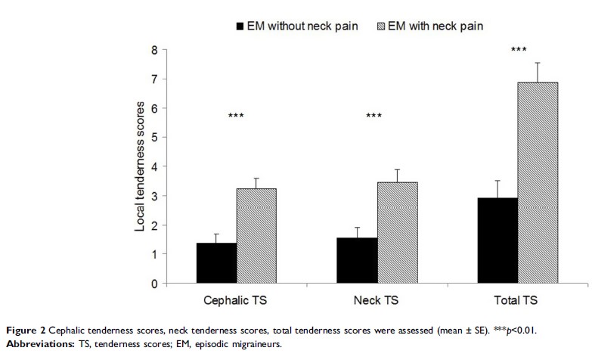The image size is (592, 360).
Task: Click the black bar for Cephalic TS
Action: point(216,263)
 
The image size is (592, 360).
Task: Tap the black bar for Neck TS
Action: point(357,261)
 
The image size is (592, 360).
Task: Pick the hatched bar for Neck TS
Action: point(398,233)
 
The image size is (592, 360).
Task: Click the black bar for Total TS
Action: point(497,241)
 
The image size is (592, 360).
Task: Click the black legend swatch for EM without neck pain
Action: point(241,26)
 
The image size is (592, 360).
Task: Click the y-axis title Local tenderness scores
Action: point(140,167)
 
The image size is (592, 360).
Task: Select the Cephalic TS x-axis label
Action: point(237,300)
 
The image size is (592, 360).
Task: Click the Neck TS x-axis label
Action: point(377,300)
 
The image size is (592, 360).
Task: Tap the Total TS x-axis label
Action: point(518,300)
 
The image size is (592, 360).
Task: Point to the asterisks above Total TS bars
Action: point(518,50)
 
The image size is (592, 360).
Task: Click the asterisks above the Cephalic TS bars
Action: point(236,116)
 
